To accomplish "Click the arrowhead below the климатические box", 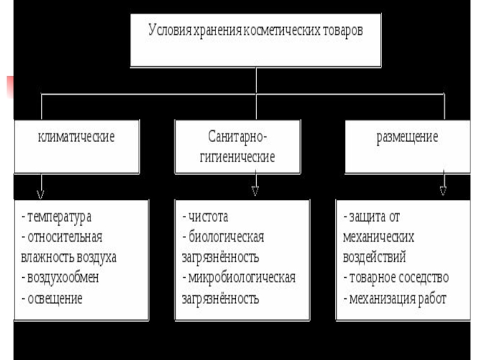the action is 41,194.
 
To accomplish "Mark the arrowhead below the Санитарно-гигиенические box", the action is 255,191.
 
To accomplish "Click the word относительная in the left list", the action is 65,236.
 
